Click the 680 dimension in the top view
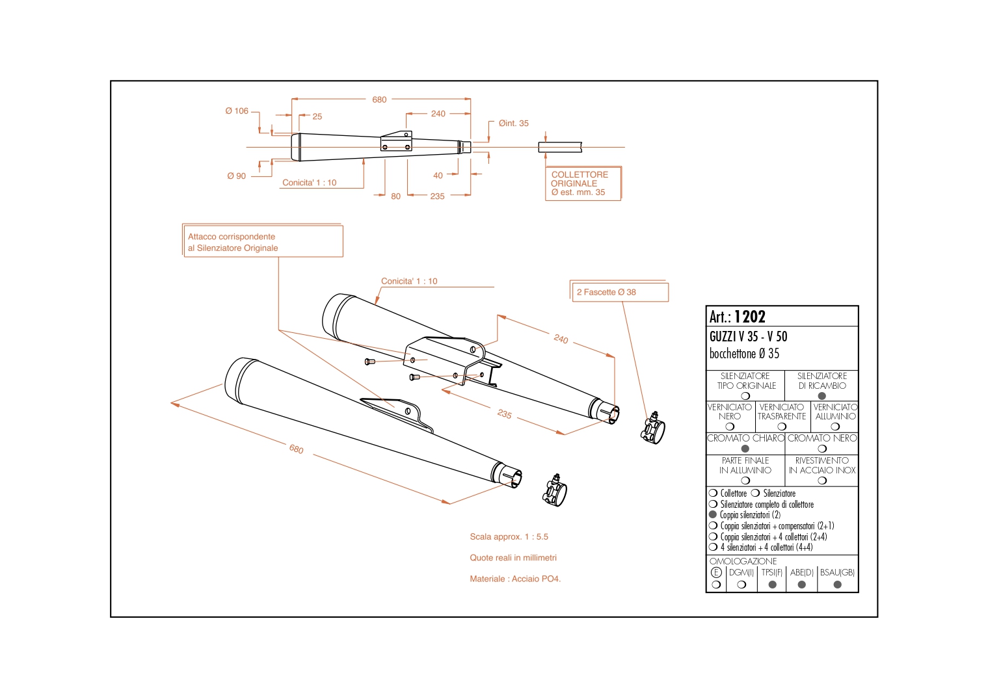[379, 99]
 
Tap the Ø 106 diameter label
[237, 111]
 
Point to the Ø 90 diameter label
[237, 176]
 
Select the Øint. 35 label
[513, 123]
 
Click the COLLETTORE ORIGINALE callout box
[583, 183]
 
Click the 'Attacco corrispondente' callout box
[262, 242]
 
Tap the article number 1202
[750, 317]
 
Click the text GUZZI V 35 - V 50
[748, 336]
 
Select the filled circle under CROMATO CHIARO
[745, 449]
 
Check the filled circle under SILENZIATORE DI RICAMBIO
[822, 396]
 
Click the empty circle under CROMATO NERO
[822, 449]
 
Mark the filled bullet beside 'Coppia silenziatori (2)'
[713, 514]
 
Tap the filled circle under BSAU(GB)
[837, 585]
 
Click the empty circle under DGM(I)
[741, 585]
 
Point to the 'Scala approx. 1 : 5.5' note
[509, 536]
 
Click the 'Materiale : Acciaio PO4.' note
[515, 579]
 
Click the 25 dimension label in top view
[317, 116]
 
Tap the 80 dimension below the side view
[395, 196]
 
